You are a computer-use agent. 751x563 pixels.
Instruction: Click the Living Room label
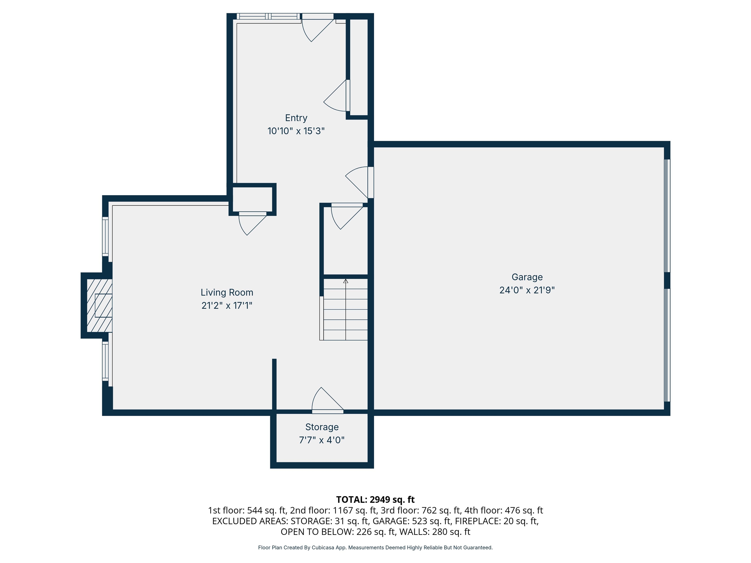227,292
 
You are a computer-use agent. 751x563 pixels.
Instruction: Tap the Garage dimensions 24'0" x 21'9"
527,290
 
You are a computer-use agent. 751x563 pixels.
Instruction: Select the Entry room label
296,118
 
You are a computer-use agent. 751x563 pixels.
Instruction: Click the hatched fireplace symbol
99,305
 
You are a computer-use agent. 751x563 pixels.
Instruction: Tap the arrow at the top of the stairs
346,281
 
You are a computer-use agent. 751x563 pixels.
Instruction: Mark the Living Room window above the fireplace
106,237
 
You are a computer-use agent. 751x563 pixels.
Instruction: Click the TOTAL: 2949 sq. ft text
375,499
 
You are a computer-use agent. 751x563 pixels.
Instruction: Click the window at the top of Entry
268,16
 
